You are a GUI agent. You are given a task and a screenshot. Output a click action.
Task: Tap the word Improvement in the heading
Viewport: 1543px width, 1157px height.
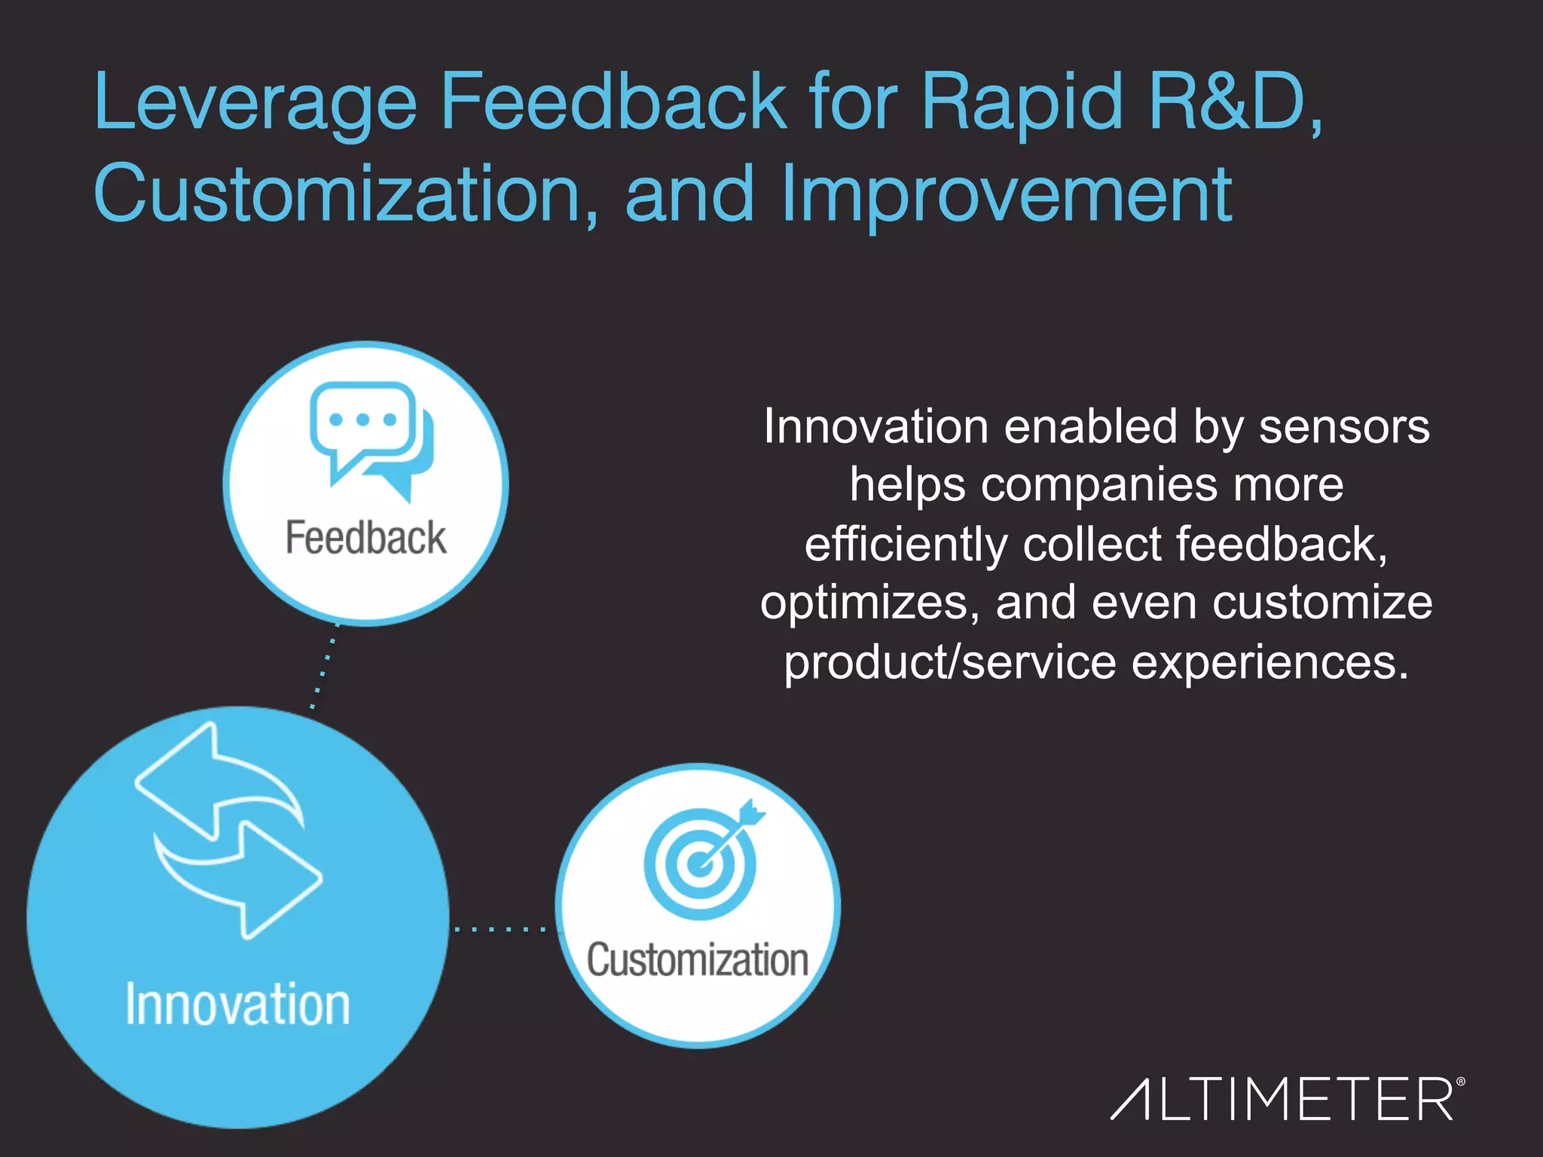(x=1007, y=194)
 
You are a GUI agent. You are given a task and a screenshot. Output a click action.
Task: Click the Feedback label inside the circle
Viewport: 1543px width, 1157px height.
(x=365, y=538)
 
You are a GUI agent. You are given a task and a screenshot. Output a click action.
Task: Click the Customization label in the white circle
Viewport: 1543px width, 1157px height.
(x=698, y=960)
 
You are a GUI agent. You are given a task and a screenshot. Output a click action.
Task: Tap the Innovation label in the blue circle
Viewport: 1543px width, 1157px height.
(x=237, y=1004)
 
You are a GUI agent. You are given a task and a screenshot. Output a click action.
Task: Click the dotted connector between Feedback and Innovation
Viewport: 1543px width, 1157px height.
(x=325, y=667)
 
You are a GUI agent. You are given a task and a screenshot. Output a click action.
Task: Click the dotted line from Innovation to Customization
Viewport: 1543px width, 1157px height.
(x=501, y=929)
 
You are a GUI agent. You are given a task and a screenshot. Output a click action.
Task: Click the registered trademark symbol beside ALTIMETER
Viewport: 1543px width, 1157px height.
(x=1460, y=1082)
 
